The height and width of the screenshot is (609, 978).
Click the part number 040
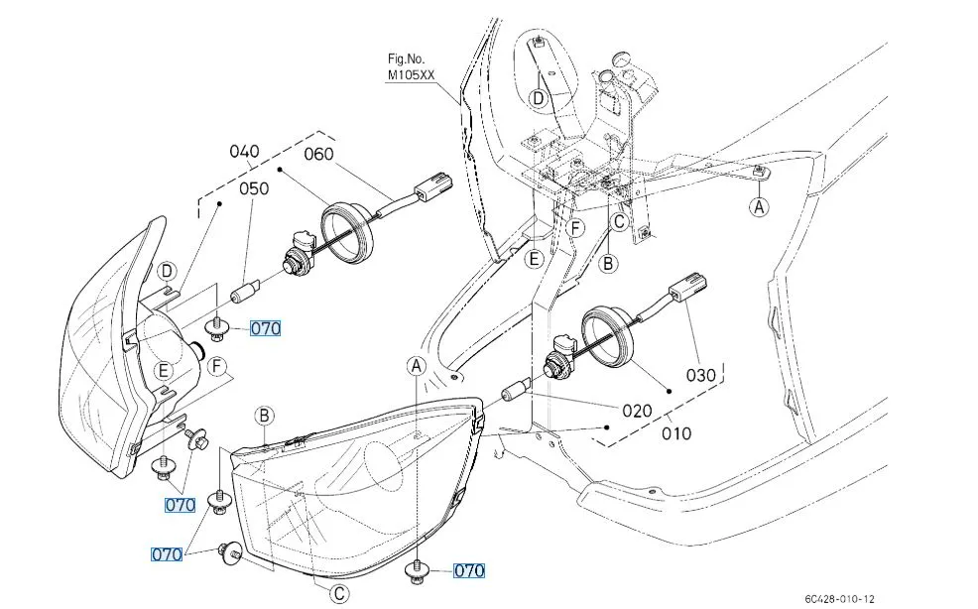click(x=244, y=152)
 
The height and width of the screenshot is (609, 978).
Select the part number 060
click(x=318, y=154)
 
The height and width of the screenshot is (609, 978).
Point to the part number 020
click(x=637, y=411)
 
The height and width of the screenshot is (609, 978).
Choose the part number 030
click(x=700, y=376)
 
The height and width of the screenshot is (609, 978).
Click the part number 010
click(x=677, y=433)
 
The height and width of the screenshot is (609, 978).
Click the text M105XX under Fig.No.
click(x=412, y=74)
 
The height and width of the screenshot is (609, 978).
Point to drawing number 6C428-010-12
click(x=839, y=598)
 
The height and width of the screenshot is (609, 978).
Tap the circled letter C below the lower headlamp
click(x=339, y=594)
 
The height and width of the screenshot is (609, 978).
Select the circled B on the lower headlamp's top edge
click(x=265, y=416)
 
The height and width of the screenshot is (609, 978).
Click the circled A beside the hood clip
click(x=760, y=206)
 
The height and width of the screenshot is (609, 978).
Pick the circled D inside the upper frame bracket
click(x=538, y=97)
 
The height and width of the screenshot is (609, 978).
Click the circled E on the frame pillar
click(x=535, y=260)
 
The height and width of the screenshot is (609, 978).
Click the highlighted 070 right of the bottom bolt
click(x=469, y=570)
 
